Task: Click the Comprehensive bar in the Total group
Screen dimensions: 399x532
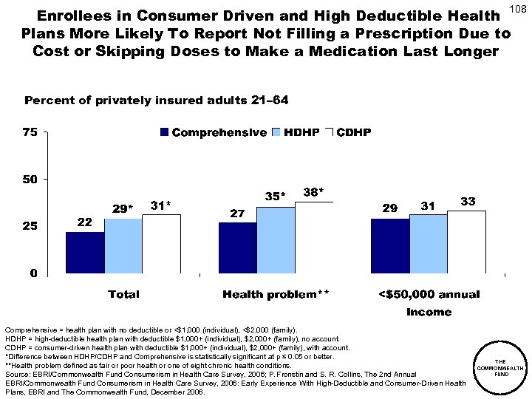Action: pyautogui.click(x=85, y=253)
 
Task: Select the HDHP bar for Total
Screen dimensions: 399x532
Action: pyautogui.click(x=123, y=246)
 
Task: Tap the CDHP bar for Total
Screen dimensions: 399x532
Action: pyautogui.click(x=162, y=244)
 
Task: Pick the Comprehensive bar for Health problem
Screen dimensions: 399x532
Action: pyautogui.click(x=238, y=248)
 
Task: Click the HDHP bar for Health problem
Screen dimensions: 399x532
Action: pyautogui.click(x=276, y=240)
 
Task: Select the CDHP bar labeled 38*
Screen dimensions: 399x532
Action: pyautogui.click(x=315, y=237)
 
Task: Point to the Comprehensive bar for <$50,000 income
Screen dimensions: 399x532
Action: pyautogui.click(x=391, y=246)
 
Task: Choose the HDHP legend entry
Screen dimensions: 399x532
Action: pyautogui.click(x=295, y=133)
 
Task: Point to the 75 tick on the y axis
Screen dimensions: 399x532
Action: pyautogui.click(x=30, y=133)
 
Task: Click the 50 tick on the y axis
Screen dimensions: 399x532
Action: pyautogui.click(x=30, y=180)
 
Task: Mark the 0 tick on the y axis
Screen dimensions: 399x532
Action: pyautogui.click(x=34, y=274)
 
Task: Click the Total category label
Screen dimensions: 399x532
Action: pyautogui.click(x=123, y=294)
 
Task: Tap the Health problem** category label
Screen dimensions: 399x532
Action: pyautogui.click(x=276, y=294)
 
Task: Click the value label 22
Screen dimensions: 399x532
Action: pyautogui.click(x=86, y=222)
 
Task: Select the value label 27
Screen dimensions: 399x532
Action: pyautogui.click(x=237, y=213)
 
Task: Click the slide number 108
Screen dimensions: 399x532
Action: pyautogui.click(x=519, y=10)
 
